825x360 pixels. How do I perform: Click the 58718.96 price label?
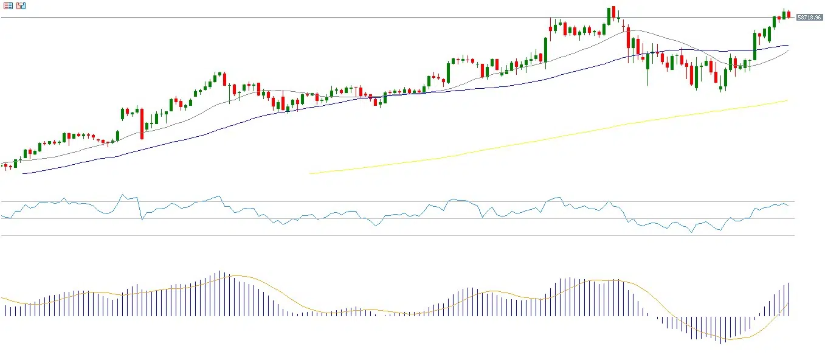(x=809, y=18)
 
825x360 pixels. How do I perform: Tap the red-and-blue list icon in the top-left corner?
(x=8, y=5)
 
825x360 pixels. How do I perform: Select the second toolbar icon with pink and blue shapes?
(x=21, y=5)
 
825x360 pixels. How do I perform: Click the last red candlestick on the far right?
(x=789, y=15)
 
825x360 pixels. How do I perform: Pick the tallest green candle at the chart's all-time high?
(x=609, y=16)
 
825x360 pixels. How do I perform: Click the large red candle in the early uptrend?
(x=142, y=123)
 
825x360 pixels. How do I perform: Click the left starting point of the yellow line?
(x=310, y=173)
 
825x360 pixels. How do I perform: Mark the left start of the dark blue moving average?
(x=22, y=173)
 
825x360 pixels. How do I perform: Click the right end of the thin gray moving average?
(x=788, y=51)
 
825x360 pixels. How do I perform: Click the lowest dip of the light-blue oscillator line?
(x=691, y=232)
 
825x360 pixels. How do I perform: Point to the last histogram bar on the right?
(x=789, y=299)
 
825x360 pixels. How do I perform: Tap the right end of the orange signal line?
(x=789, y=303)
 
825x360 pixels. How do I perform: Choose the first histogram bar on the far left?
(x=5, y=310)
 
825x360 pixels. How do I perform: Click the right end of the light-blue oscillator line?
(x=788, y=206)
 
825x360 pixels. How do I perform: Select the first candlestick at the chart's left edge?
(x=3, y=165)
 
